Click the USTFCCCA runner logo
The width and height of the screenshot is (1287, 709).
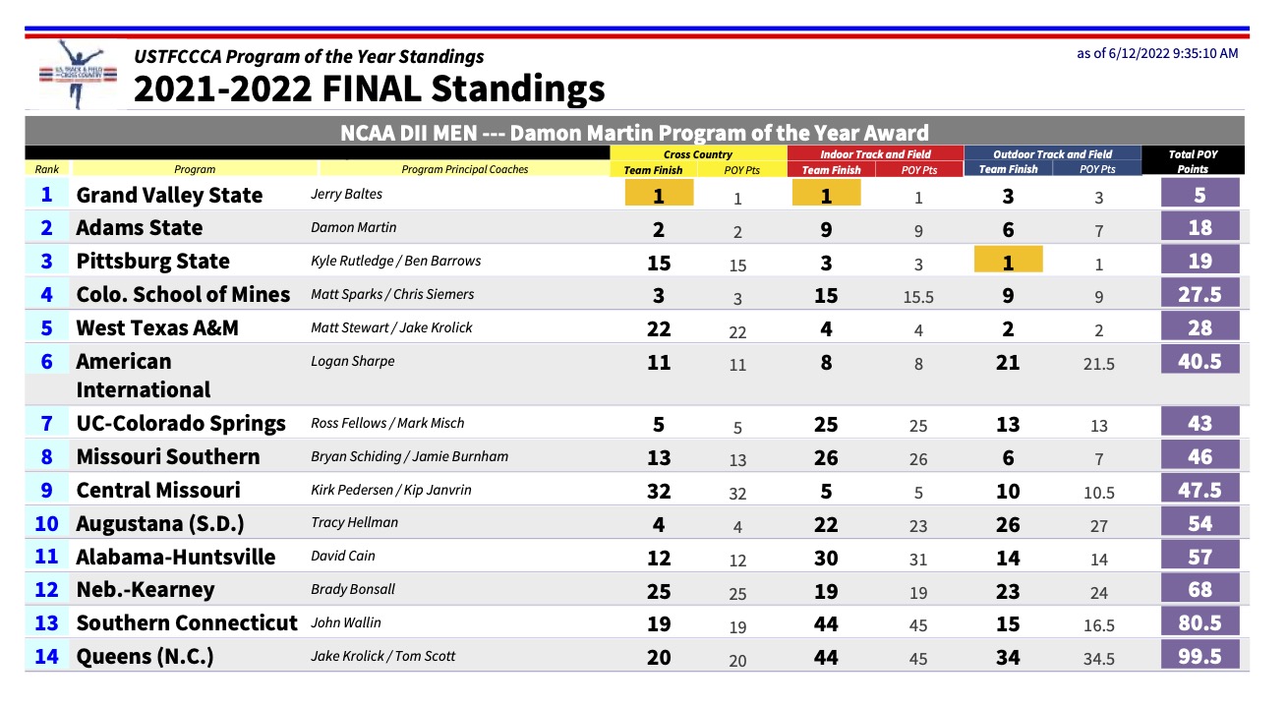point(73,74)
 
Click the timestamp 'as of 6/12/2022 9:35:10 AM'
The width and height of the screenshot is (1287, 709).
point(1157,53)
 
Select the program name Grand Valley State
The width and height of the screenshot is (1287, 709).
point(169,195)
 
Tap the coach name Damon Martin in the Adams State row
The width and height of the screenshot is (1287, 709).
point(354,227)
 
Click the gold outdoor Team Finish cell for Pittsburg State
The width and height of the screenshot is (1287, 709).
point(1008,261)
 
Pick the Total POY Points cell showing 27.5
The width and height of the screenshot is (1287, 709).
point(1199,294)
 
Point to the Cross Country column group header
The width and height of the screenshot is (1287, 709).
point(698,153)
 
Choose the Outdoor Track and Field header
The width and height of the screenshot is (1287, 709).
point(1052,153)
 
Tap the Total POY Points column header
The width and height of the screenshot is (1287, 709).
point(1193,161)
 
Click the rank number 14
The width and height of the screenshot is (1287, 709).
point(46,656)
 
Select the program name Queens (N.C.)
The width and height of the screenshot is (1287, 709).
point(145,656)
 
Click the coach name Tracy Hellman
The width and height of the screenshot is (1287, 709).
point(354,522)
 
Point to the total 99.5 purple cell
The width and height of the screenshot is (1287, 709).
point(1199,656)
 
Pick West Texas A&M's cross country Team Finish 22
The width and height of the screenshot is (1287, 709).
point(659,327)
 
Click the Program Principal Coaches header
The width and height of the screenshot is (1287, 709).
point(465,169)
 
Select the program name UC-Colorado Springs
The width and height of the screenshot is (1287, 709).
point(181,423)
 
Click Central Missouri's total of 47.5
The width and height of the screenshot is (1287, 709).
point(1199,490)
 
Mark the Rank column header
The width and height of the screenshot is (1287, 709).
point(47,169)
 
